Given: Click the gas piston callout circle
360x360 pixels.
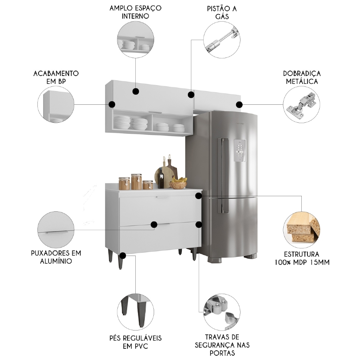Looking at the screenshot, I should (x=222, y=40).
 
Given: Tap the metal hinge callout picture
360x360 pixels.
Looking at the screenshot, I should (x=301, y=104).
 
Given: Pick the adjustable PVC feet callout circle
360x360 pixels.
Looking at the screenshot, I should (x=136, y=310).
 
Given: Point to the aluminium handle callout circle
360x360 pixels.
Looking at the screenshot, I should (x=56, y=229).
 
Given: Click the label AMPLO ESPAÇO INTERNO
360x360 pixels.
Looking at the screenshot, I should (x=135, y=12).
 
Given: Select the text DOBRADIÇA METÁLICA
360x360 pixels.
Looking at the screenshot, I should (x=302, y=77).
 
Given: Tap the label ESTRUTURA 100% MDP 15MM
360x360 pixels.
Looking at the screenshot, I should (x=302, y=258).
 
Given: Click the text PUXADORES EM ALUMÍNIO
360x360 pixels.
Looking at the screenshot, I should (x=56, y=257).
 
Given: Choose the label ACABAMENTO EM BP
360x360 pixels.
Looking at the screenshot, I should (x=56, y=77).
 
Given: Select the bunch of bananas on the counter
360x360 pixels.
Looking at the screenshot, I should (x=180, y=179).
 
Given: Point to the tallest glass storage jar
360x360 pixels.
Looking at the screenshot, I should (x=136, y=182).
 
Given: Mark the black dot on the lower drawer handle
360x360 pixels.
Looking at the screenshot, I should (x=154, y=225).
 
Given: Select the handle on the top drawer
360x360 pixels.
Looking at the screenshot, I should (x=162, y=197).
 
